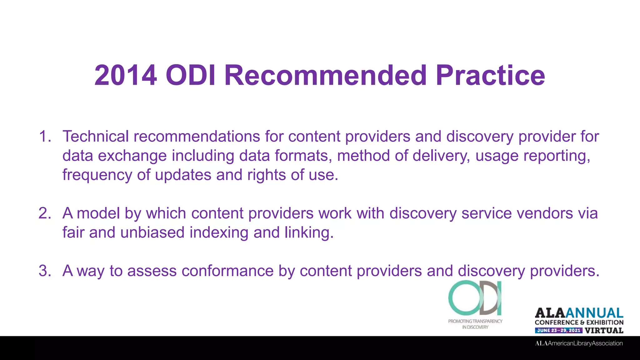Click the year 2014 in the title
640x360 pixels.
tap(126, 75)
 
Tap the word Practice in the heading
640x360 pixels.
tap(490, 75)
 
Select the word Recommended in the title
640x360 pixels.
tap(325, 75)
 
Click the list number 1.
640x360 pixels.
tap(45, 137)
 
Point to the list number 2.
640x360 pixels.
tap(45, 213)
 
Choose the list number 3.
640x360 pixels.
tap(45, 271)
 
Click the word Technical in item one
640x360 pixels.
tap(96, 137)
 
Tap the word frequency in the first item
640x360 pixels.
tap(97, 175)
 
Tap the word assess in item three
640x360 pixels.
tap(152, 271)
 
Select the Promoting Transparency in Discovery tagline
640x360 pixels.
tap(475, 324)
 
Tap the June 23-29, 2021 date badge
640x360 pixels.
tap(558, 330)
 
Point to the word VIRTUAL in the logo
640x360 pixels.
tap(604, 330)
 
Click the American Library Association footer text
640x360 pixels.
tap(579, 343)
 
